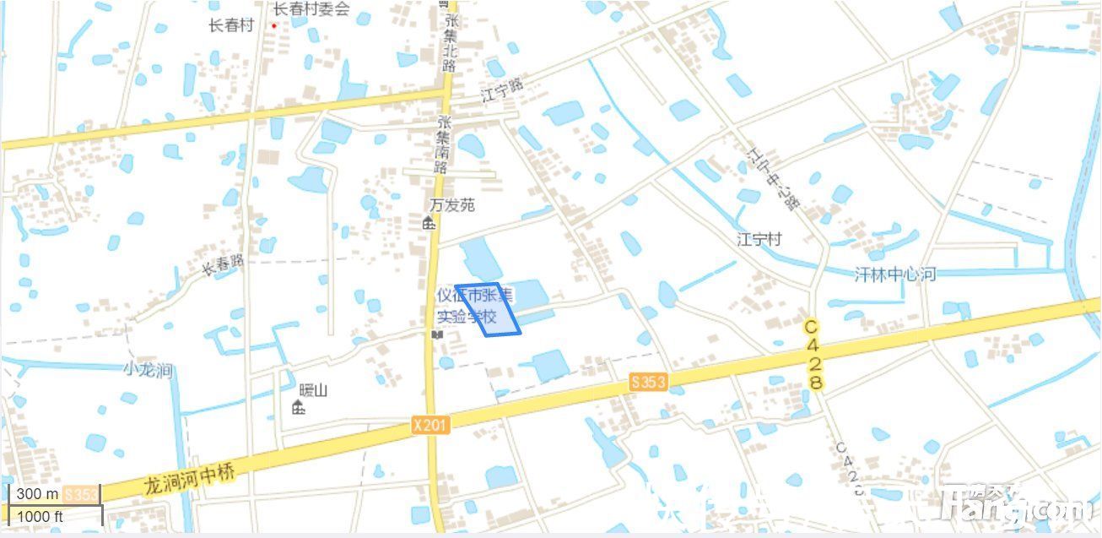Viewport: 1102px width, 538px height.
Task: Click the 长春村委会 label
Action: pos(311,9)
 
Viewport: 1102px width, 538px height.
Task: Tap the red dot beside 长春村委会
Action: pos(273,25)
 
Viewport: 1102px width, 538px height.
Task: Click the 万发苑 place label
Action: pos(452,205)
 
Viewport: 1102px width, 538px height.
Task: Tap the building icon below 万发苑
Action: pos(429,223)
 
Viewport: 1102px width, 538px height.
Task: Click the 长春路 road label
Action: pos(223,265)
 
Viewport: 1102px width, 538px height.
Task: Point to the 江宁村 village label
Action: pos(759,240)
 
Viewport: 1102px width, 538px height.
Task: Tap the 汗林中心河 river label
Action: pos(895,274)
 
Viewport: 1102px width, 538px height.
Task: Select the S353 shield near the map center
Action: pos(648,383)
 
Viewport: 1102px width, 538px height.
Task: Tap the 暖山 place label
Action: pos(313,390)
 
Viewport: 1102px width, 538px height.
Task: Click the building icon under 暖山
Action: pos(298,408)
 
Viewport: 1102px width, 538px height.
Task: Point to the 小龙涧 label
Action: pos(148,369)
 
